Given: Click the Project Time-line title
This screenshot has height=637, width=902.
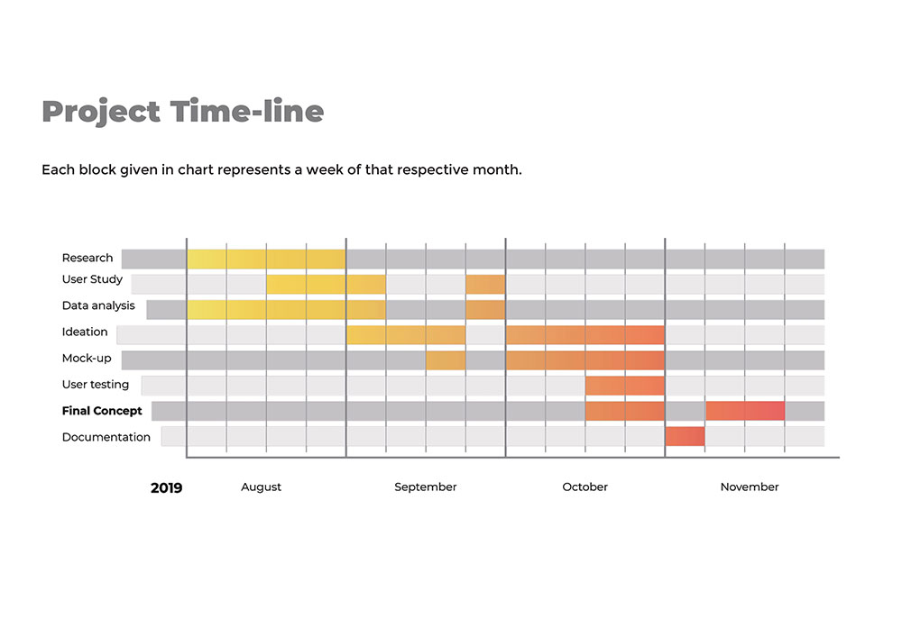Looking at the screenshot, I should click(182, 112).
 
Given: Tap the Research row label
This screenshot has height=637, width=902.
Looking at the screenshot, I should click(87, 259).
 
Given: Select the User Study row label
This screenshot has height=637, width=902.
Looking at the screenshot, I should click(92, 280).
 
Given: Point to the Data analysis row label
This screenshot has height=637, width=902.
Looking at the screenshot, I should click(98, 306).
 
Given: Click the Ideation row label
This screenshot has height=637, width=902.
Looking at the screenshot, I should click(85, 332).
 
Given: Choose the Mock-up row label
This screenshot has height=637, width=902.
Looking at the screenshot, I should click(87, 359).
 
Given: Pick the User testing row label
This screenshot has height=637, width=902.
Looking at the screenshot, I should click(96, 385).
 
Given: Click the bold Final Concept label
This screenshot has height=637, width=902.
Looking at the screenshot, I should click(102, 411).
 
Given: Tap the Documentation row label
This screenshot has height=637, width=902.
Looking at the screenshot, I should click(106, 437).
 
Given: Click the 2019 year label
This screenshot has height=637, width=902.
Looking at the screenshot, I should click(166, 488).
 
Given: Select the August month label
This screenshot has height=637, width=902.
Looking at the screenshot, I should click(261, 487).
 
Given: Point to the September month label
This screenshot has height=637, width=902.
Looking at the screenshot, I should click(425, 487).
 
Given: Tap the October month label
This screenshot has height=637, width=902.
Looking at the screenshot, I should click(584, 487).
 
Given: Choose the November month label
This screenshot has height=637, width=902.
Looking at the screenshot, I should click(749, 487).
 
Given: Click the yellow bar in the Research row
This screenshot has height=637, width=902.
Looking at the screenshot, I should click(266, 259).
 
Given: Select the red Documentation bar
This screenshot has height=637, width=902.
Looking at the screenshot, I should click(685, 437).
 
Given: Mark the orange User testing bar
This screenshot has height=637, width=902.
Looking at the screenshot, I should click(624, 386).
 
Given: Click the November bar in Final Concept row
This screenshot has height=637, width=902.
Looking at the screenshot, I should click(745, 411).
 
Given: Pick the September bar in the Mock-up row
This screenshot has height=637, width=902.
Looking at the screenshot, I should click(446, 360).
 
